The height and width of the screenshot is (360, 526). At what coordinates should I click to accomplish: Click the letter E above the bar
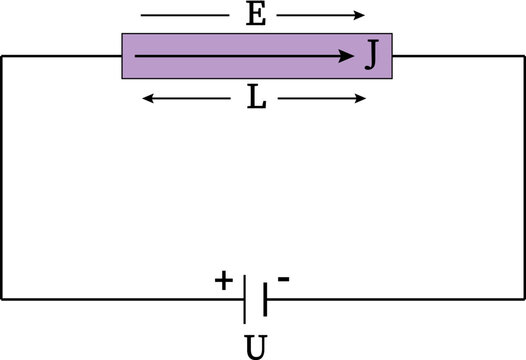coord(255,15)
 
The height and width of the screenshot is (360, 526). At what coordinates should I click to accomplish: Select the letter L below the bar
coord(255,98)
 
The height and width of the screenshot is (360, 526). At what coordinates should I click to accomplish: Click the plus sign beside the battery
coord(222,281)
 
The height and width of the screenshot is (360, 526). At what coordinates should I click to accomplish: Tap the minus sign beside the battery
coord(283,280)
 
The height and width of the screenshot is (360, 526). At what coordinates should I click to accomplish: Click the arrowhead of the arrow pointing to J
coord(351,57)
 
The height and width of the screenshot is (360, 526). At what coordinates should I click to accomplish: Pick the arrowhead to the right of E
coord(362,15)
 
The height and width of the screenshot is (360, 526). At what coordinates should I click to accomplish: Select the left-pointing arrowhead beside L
coord(147,98)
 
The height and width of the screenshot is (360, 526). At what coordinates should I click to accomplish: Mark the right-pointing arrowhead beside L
coord(362,98)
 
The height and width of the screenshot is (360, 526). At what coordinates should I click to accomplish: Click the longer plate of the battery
coord(244,298)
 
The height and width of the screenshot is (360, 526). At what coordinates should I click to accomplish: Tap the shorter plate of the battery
coord(263,298)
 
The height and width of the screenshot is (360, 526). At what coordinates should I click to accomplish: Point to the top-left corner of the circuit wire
coord(2,56)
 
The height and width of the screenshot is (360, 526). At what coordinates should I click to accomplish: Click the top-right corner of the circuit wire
coord(523,56)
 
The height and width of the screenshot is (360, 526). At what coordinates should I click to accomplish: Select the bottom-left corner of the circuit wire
coord(2,298)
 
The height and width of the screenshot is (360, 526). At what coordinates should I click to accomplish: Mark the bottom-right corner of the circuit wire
coord(523,298)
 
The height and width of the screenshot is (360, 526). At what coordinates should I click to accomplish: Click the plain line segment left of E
coord(184,15)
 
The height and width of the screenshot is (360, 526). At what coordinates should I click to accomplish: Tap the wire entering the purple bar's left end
coord(60,56)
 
